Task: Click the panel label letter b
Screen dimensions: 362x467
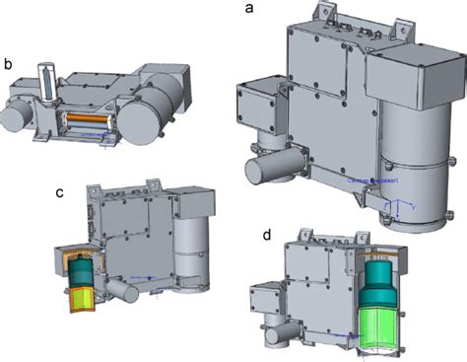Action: (8, 65)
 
